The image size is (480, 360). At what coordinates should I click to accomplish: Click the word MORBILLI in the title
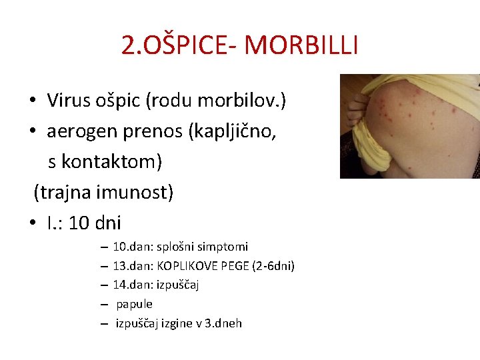point(301,45)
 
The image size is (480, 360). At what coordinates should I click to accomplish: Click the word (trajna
point(63,193)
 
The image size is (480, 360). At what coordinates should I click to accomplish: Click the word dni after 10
point(108,223)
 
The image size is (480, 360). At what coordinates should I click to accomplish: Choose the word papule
point(135,304)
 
